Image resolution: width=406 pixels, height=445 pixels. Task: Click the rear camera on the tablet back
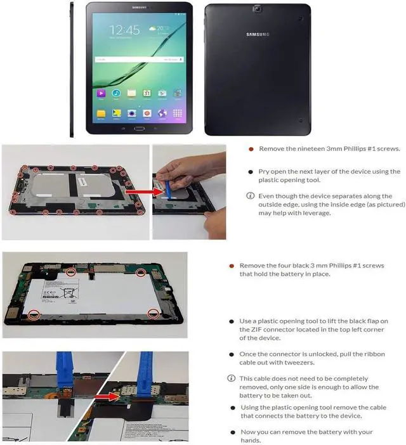(257, 9)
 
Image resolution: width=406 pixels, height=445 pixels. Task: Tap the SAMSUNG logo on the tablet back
(258, 34)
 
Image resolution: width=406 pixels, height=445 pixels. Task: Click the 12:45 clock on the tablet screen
(125, 30)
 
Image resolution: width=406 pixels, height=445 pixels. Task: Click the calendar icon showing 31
(147, 93)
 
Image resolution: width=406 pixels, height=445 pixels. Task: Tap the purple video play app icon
(101, 93)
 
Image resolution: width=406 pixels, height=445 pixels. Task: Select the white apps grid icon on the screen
(178, 113)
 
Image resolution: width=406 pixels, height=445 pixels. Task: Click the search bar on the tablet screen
(139, 60)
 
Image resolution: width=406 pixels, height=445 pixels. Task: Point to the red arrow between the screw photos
(145, 192)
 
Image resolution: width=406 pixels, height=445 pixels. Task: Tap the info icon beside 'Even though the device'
(250, 196)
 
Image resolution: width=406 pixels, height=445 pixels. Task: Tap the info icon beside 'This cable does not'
(232, 378)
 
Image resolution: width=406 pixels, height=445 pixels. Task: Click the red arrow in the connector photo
(107, 396)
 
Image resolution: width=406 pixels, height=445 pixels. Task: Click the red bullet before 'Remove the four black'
(232, 266)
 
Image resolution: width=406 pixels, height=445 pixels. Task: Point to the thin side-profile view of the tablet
(72, 70)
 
